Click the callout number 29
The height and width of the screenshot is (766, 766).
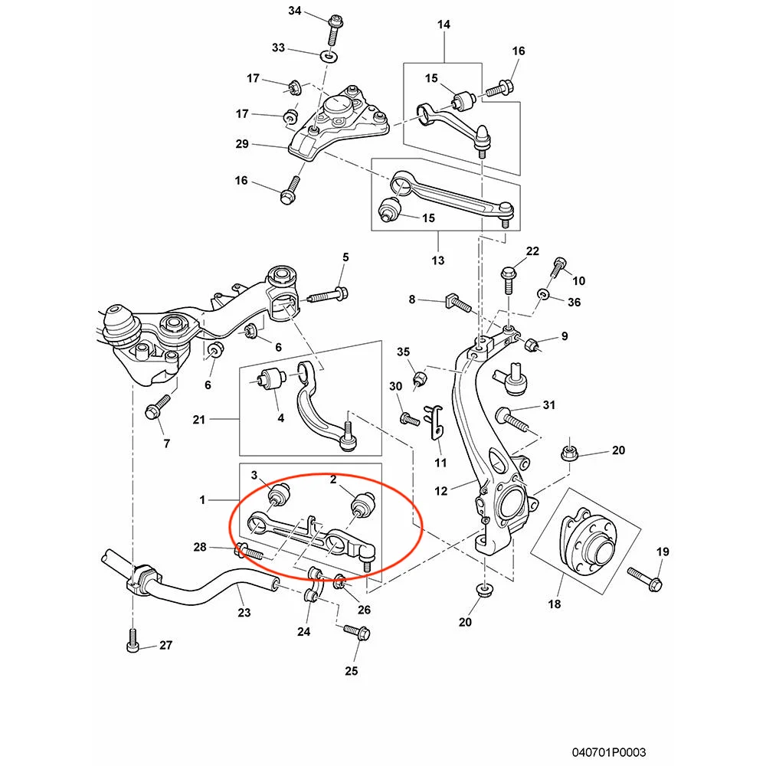(242, 144)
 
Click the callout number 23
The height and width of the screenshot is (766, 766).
(244, 612)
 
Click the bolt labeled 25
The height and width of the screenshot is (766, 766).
(357, 631)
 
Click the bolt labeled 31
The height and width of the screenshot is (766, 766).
(512, 417)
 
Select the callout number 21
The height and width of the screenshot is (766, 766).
(198, 420)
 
